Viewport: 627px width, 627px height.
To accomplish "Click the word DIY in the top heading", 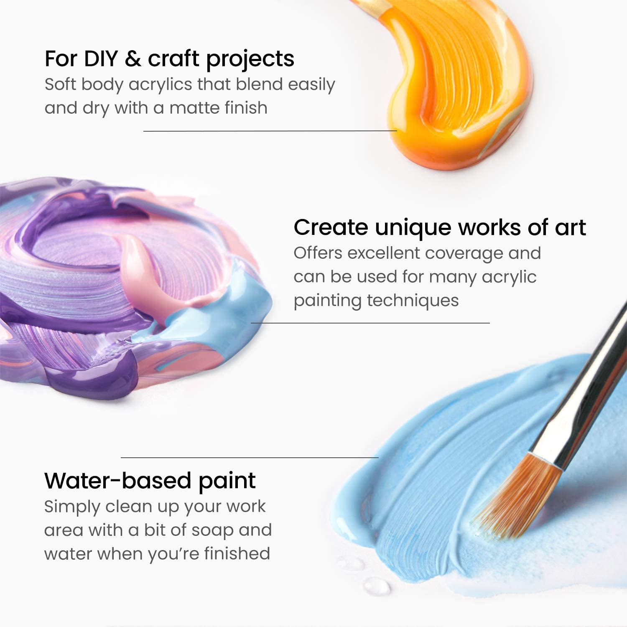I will [x=101, y=59].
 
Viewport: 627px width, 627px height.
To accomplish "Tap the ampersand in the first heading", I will [x=133, y=59].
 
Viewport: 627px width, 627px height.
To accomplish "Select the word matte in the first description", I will [x=194, y=108].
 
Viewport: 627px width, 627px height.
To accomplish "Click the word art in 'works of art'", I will [x=570, y=228].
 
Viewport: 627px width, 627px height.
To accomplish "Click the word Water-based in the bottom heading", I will [x=118, y=481].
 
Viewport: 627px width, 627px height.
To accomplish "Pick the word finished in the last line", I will [x=237, y=553].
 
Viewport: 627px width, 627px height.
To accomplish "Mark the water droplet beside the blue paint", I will [x=376, y=585].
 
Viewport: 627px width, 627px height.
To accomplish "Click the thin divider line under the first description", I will [x=270, y=131].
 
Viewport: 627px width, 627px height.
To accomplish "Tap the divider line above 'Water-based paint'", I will [x=250, y=458].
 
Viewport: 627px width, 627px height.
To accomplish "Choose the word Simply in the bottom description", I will [x=72, y=507].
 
